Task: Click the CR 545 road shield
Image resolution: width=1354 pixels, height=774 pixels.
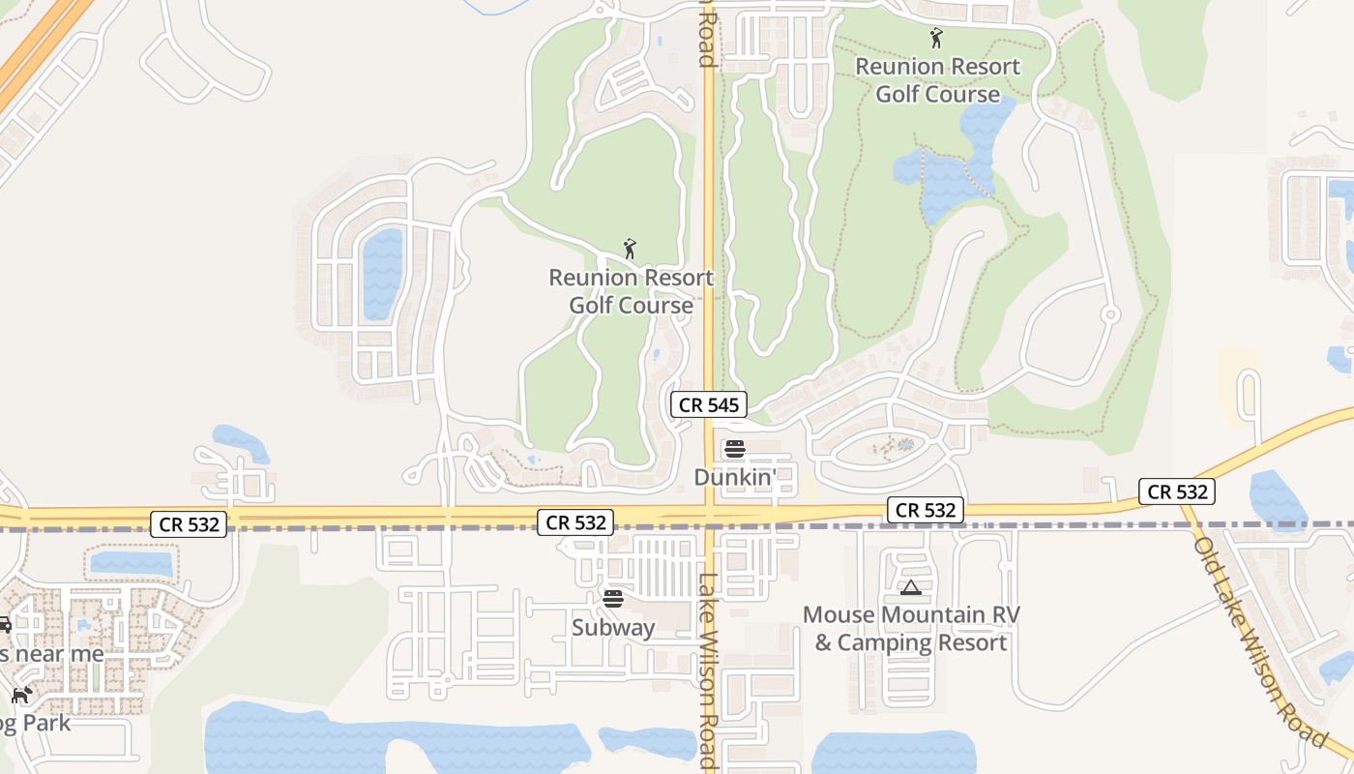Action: pos(709,404)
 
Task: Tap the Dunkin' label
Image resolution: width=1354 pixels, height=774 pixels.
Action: pos(736,477)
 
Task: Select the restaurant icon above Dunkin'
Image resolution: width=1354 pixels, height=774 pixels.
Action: pos(735,449)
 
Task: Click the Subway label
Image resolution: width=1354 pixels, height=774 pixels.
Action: pos(613,627)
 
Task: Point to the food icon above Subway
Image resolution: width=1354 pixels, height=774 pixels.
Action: pos(612,599)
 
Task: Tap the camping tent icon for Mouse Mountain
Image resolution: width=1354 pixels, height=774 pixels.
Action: pos(910,587)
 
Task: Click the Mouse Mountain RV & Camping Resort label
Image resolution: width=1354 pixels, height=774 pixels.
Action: pos(911,629)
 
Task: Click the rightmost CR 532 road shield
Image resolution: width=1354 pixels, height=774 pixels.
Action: pos(1176,491)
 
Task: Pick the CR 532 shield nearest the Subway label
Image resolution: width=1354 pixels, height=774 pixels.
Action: pos(576,522)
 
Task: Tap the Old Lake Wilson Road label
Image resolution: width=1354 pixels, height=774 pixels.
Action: pos(1258,640)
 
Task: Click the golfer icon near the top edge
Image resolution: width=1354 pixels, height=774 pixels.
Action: pos(935,39)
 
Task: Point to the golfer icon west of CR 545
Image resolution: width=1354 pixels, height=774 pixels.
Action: pos(630,249)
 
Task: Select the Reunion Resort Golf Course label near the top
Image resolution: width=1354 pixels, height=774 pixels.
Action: pos(937,80)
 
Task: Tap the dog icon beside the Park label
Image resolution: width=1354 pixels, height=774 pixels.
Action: pos(21,696)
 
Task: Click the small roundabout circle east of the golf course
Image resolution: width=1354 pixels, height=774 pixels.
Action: pos(1110,314)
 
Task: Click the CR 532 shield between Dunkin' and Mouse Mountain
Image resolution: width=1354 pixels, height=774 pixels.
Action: pos(926,510)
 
